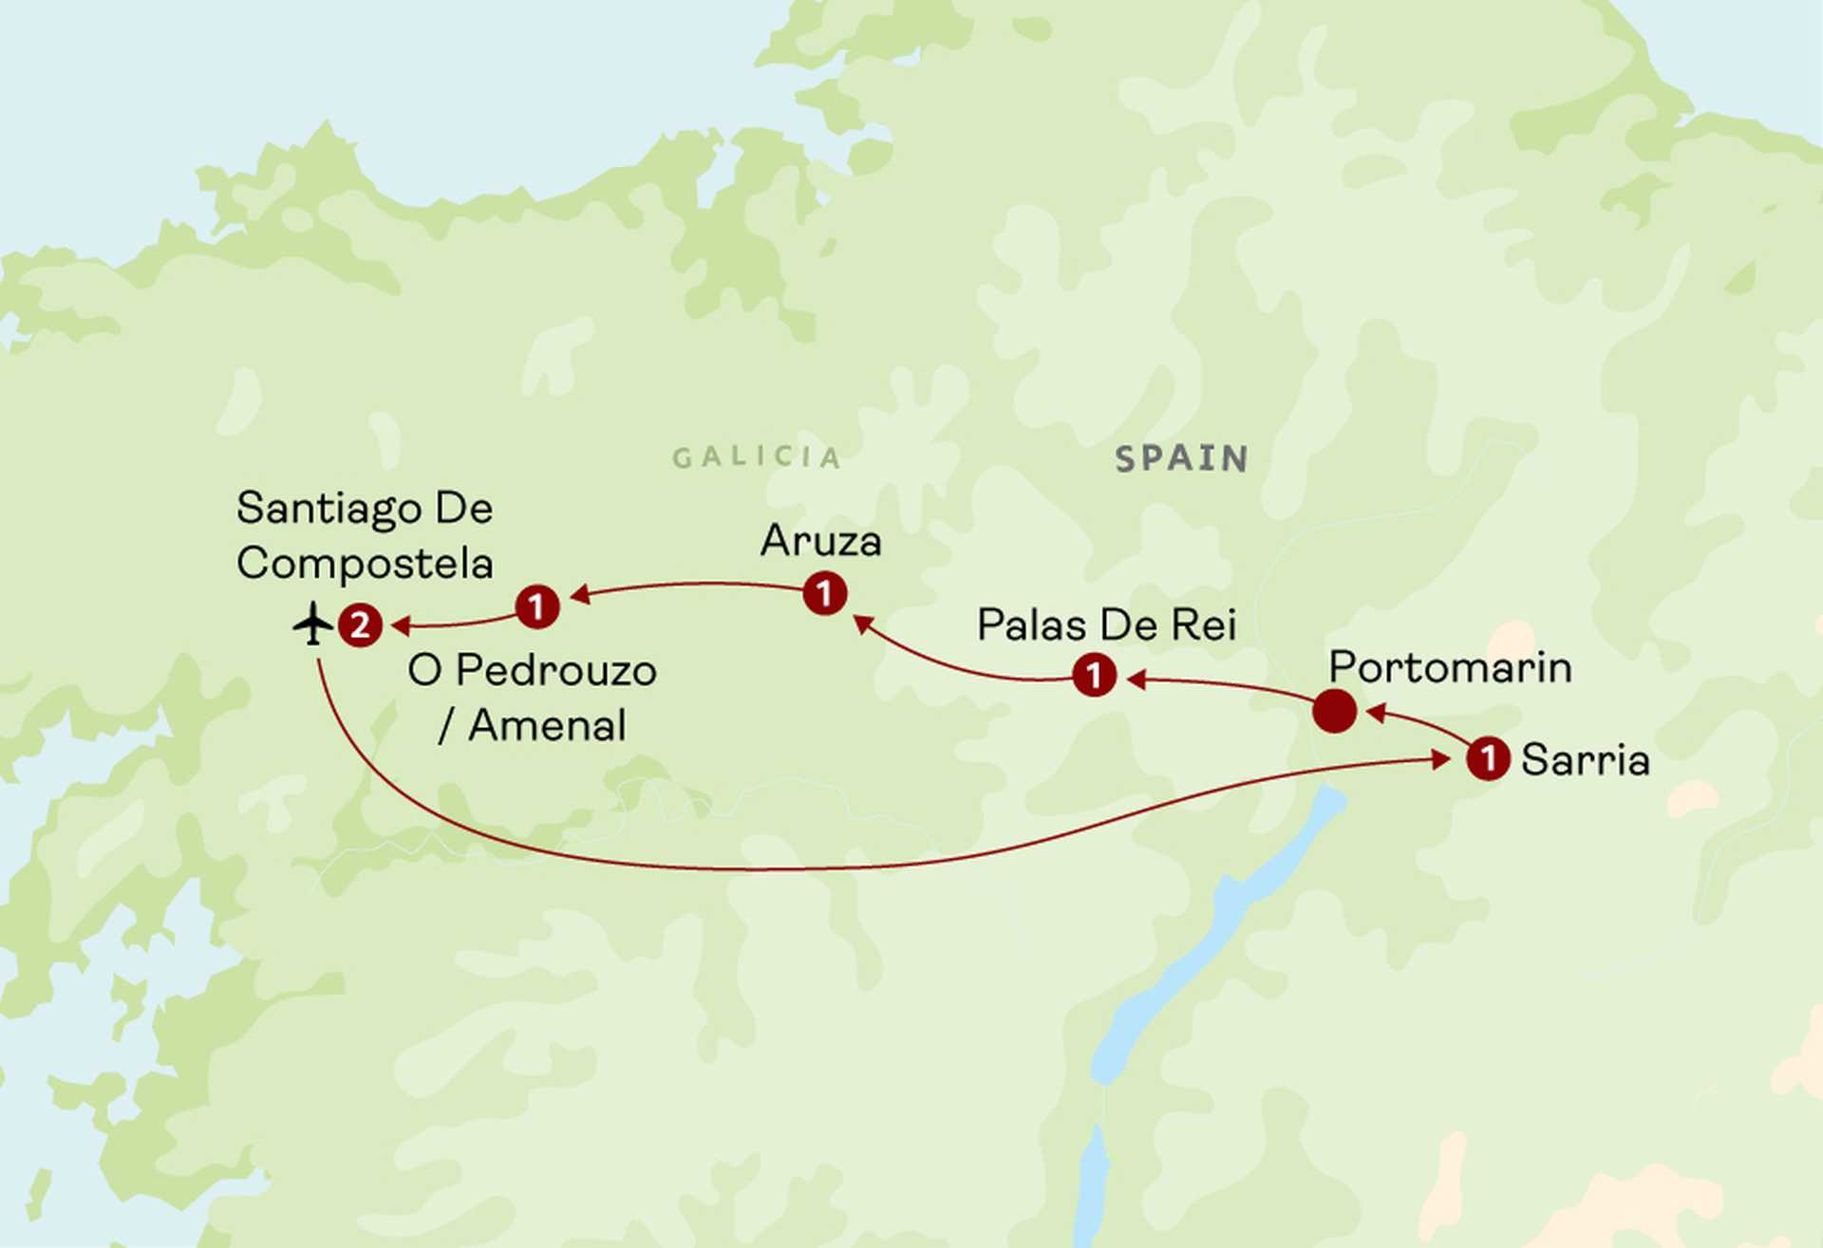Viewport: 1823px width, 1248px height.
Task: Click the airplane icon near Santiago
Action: point(312,624)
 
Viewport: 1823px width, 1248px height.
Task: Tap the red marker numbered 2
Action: point(360,625)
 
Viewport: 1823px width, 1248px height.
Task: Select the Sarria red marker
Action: point(1488,758)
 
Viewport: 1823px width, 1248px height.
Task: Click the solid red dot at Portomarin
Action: point(1334,711)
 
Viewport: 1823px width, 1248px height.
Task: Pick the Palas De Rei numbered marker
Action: point(1094,676)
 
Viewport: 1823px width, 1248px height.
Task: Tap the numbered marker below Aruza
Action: point(824,594)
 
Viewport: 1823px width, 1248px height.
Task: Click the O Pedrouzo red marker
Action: point(536,605)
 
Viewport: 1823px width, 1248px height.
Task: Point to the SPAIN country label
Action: point(1181,459)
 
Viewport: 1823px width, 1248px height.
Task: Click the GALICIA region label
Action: point(757,457)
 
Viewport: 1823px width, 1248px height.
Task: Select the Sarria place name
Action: point(1585,760)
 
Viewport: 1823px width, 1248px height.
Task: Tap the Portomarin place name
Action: point(1450,667)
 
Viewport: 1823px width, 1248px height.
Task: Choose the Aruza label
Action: point(821,542)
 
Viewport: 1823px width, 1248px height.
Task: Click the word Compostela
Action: point(365,564)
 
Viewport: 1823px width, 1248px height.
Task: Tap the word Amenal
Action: point(547,726)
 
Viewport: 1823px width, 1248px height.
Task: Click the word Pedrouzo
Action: point(555,671)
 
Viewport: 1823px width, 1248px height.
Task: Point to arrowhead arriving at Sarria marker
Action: point(1441,759)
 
